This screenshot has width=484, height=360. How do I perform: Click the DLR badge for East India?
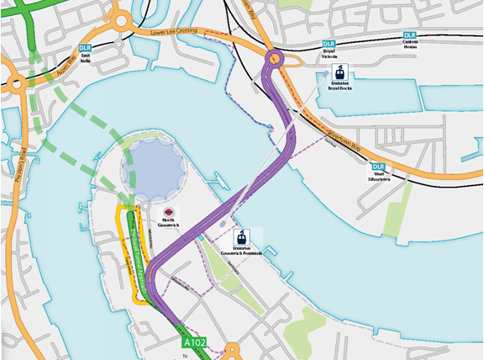tap(84, 49)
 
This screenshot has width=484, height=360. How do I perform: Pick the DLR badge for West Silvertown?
tap(377, 167)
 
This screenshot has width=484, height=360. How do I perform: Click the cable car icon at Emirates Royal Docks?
tap(340, 72)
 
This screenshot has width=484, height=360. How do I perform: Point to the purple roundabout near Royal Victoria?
tap(274, 58)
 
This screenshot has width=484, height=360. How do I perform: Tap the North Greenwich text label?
tap(168, 224)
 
